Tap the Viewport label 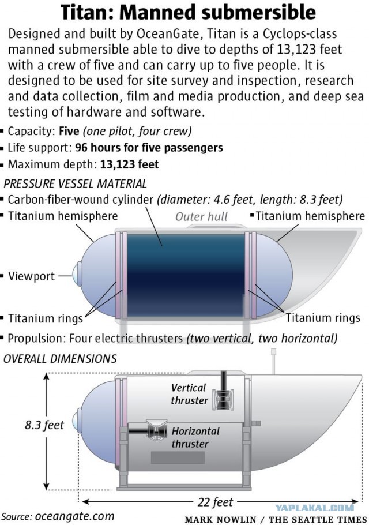tap(31, 276)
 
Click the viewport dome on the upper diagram tap(78, 273)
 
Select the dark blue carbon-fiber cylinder tap(186, 275)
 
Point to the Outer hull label tap(201, 216)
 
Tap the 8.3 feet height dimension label tap(44, 425)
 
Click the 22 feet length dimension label tap(215, 502)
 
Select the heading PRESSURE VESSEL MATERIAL tap(76, 183)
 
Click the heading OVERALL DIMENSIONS tap(60, 359)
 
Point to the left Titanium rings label tap(45, 318)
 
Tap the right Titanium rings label tap(323, 318)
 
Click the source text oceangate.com tap(74, 516)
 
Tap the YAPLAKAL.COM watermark tap(314, 508)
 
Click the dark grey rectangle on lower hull tap(178, 457)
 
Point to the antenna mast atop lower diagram tap(273, 361)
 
